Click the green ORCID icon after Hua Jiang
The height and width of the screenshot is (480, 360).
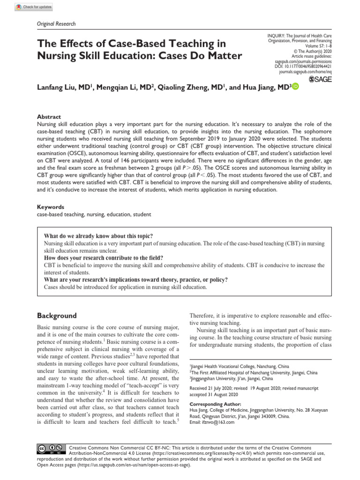[x=295, y=87]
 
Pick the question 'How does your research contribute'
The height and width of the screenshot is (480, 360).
[x=104, y=258]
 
